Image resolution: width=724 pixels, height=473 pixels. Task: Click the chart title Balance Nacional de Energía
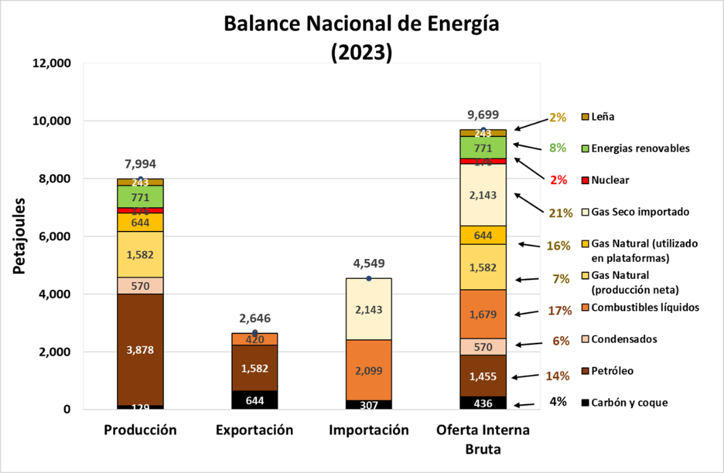coord(361,25)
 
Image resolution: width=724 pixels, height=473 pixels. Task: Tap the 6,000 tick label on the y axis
coord(55,236)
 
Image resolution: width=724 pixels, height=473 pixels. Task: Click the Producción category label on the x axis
coord(140,430)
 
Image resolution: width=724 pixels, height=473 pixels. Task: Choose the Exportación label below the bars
coord(254,430)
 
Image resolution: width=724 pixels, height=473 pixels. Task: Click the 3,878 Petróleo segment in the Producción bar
coord(140,350)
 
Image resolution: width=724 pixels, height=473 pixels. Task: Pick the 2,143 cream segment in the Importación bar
coord(368,309)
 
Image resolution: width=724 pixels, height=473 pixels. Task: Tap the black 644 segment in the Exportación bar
coord(254,400)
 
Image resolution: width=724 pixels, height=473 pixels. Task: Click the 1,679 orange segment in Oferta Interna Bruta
coord(483,314)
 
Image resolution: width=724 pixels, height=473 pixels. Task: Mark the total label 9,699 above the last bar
coord(483,114)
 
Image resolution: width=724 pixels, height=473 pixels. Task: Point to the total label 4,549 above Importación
coord(368,263)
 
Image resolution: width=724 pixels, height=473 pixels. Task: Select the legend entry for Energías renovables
coord(636,148)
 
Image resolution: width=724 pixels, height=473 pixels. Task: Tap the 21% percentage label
coord(560,213)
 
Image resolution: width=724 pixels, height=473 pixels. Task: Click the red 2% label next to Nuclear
coord(558,180)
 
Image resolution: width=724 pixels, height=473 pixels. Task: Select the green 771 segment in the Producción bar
coord(140,197)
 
